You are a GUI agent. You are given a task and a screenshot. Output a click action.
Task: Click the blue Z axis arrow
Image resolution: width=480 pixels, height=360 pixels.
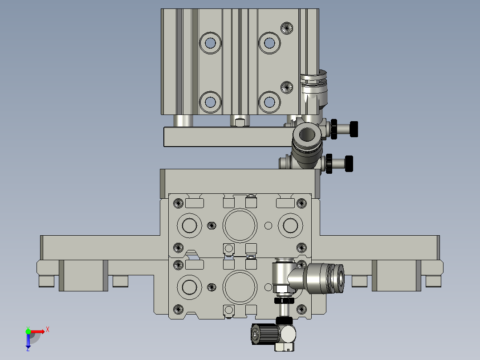(x=28, y=342)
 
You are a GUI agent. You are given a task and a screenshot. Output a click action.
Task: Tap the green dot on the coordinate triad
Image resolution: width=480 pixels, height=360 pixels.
(x=28, y=331)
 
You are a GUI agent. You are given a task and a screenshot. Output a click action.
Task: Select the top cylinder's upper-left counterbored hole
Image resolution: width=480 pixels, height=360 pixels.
(x=210, y=43)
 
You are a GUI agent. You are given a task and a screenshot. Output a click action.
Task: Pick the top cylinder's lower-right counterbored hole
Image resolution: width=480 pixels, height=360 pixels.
(x=269, y=102)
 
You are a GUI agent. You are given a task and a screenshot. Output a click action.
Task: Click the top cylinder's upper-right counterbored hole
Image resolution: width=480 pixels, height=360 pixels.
(x=269, y=43)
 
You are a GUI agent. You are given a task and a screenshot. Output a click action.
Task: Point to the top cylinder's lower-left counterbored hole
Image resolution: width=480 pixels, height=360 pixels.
(x=210, y=102)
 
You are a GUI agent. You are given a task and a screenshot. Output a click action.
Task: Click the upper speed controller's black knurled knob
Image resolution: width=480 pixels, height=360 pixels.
(x=354, y=129)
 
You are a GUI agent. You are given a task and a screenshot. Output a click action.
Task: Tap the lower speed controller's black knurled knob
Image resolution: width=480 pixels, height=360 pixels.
(x=349, y=164)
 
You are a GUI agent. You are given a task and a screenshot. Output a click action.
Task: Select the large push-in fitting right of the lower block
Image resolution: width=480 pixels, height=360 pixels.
(x=325, y=278)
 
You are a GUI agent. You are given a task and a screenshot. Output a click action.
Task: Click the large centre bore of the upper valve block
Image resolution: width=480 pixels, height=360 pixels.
(x=240, y=225)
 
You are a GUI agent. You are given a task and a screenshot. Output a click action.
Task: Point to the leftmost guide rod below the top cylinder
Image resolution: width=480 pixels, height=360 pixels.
(x=183, y=120)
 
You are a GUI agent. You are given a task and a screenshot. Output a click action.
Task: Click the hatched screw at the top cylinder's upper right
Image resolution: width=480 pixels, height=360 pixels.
(x=287, y=28)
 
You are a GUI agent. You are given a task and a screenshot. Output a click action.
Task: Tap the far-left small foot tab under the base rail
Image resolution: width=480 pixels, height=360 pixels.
(x=46, y=282)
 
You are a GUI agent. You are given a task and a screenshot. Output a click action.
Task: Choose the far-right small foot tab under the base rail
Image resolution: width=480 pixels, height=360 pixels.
(x=433, y=282)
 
